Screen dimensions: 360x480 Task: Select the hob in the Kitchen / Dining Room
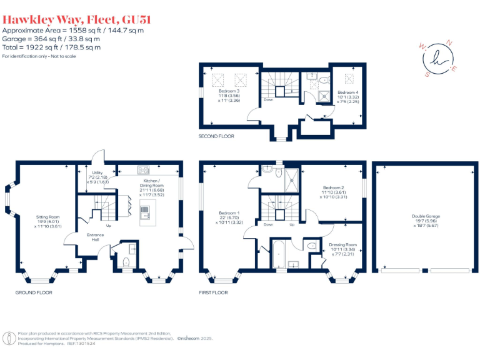pyautogui.click(x=143, y=169)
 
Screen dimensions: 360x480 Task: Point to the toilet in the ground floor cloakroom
pyautogui.click(x=126, y=262)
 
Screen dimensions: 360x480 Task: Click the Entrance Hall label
pyautogui.click(x=95, y=237)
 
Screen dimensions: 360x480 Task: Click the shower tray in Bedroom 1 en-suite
pyautogui.click(x=291, y=181)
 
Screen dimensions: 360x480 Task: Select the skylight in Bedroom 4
pyautogui.click(x=349, y=79)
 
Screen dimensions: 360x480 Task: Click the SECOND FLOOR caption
pyautogui.click(x=216, y=136)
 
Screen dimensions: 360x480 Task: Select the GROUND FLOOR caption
pyautogui.click(x=34, y=292)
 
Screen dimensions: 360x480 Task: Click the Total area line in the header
pyautogui.click(x=51, y=47)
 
